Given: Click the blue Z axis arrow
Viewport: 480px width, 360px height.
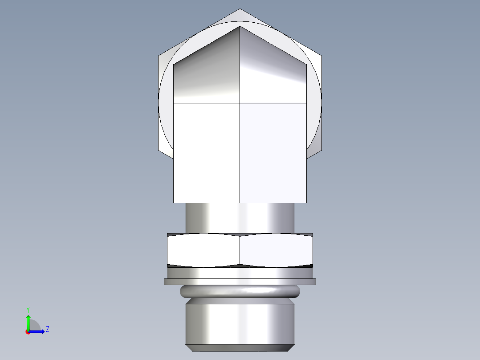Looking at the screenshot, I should pos(38,331).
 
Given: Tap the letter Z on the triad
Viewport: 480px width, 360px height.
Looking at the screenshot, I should pos(47,329).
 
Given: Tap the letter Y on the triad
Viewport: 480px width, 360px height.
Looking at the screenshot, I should pos(28,309).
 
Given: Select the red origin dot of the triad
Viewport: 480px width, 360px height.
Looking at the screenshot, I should pos(28,331).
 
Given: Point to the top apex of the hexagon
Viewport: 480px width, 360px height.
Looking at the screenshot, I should pos(240,9).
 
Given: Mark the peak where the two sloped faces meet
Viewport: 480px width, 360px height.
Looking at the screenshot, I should pos(240,26).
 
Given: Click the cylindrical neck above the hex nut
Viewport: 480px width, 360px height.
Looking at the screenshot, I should pos(240,218).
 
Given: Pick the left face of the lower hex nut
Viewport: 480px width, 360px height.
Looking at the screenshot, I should pos(203,250).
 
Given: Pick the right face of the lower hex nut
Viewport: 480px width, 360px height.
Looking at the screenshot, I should pos(276,250).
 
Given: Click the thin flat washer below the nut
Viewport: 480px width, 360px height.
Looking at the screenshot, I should pos(240,282).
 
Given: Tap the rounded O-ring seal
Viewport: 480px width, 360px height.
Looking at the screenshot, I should pos(240,291).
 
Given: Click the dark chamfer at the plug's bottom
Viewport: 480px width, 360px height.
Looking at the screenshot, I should pos(240,348).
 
